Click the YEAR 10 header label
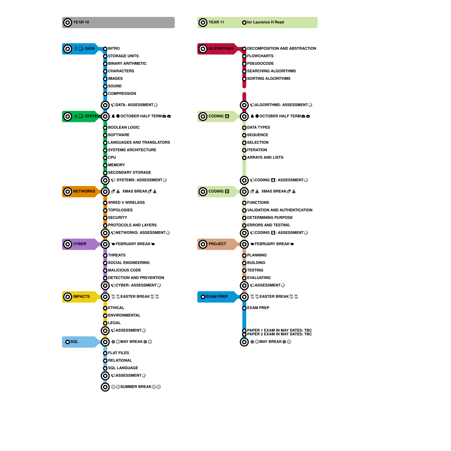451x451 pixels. pyautogui.click(x=81, y=22)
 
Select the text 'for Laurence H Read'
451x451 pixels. pyautogui.click(x=265, y=22)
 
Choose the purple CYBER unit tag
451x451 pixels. pyautogui.click(x=80, y=244)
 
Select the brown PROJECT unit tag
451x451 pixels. pyautogui.click(x=217, y=244)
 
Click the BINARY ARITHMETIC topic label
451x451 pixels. pyautogui.click(x=127, y=64)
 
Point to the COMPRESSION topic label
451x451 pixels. pyautogui.click(x=122, y=94)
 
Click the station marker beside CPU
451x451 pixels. pyautogui.click(x=105, y=158)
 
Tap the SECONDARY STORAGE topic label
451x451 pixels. pyautogui.click(x=129, y=173)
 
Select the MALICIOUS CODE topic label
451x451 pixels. pyautogui.click(x=124, y=270)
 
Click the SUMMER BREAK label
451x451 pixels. pyautogui.click(x=136, y=387)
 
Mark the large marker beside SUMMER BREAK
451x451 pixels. pyautogui.click(x=105, y=387)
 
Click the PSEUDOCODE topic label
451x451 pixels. pyautogui.click(x=260, y=64)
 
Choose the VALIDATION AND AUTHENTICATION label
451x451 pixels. pyautogui.click(x=280, y=210)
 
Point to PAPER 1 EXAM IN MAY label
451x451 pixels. pyautogui.click(x=279, y=330)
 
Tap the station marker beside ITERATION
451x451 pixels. pyautogui.click(x=244, y=150)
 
